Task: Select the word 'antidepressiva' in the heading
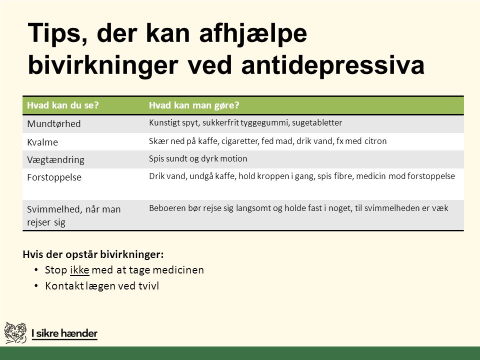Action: [333, 65]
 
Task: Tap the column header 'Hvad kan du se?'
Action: [63, 105]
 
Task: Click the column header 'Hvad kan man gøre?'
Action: [194, 105]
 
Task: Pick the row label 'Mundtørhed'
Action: [54, 123]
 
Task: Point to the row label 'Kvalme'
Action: [42, 142]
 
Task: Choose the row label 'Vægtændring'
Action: [55, 160]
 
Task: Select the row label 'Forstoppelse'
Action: [54, 177]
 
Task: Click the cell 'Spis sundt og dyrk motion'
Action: [198, 158]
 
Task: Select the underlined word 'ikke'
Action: [79, 270]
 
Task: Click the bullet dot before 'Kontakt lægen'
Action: [36, 285]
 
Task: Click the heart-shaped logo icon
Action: [15, 333]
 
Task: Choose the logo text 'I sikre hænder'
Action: [64, 333]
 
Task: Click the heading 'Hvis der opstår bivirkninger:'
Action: [93, 254]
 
